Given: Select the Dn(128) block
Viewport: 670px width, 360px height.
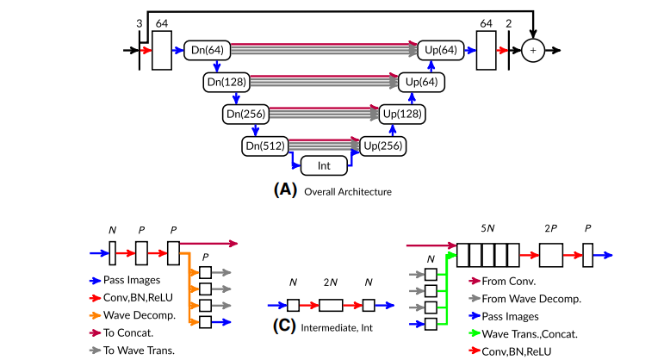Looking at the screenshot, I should pos(226,83).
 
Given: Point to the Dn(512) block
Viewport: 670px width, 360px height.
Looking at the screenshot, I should pos(264,145).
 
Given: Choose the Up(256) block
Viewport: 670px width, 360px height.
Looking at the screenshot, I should pos(382,145).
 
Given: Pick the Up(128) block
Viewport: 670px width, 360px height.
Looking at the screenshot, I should pos(400,114).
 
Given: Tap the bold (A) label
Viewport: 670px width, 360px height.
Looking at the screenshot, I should pos(285,190).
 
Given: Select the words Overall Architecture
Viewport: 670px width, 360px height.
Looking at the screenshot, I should pos(347,191).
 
